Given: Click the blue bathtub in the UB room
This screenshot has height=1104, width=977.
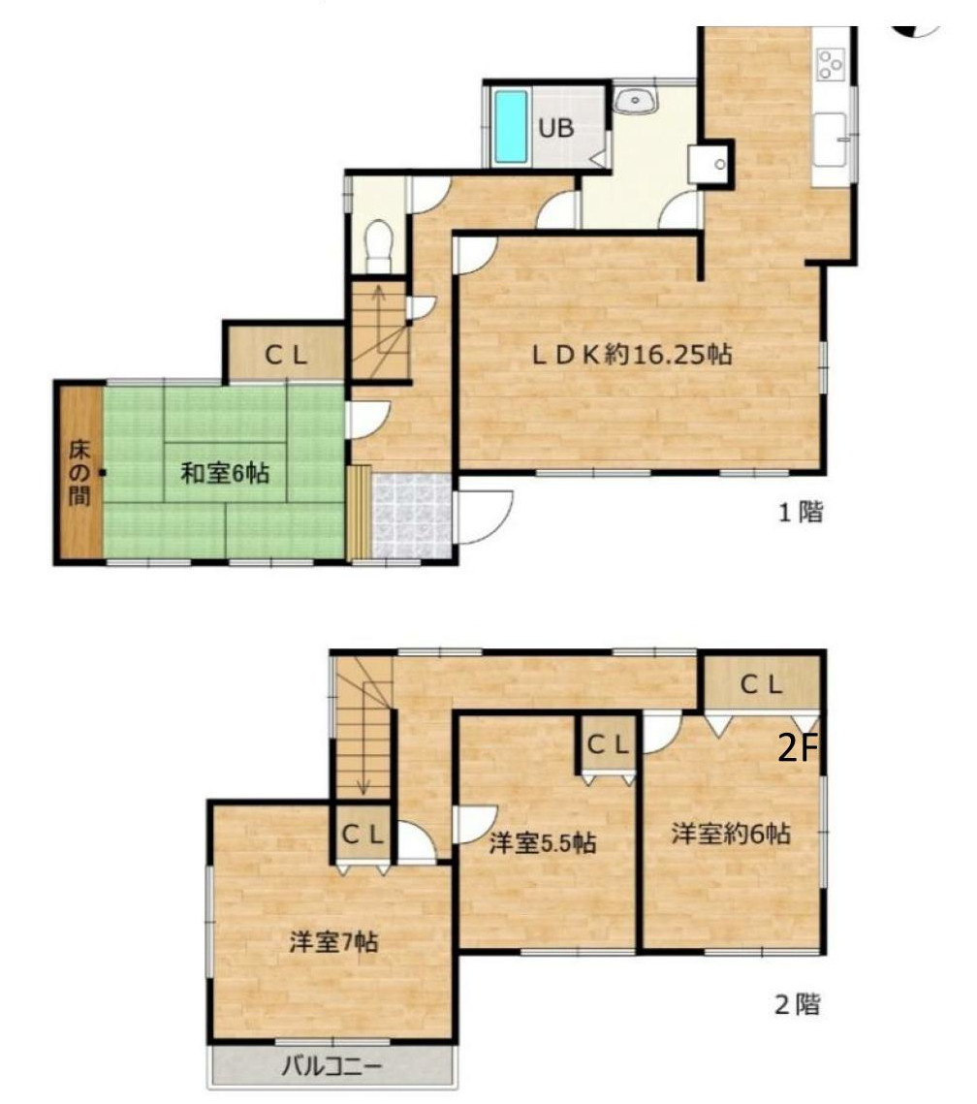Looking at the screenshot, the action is click(511, 127).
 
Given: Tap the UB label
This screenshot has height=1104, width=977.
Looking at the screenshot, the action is click(556, 128).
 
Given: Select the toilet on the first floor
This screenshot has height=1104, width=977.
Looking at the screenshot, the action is click(379, 244).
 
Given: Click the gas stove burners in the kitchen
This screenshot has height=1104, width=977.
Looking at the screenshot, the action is click(831, 65).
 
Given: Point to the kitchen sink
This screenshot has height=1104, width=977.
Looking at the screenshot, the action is click(831, 140).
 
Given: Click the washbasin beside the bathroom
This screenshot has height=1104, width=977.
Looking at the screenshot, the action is click(636, 101).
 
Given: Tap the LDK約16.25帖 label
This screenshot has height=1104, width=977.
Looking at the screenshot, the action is click(631, 354).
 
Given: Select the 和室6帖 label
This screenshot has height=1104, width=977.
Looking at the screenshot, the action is click(225, 472).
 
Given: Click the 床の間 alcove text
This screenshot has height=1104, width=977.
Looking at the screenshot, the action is click(79, 472).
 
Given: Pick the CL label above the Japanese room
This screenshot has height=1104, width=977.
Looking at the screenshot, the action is click(286, 356).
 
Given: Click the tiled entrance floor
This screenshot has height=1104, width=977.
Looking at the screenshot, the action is click(413, 516).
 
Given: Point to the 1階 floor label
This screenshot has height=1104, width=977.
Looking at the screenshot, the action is click(801, 512).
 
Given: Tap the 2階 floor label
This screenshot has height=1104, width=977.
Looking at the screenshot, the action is click(798, 1004).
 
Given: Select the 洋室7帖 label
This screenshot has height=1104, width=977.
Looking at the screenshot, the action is click(333, 942).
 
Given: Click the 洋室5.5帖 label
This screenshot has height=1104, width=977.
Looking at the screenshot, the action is click(543, 842).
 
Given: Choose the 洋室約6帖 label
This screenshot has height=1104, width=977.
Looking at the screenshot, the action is click(731, 834).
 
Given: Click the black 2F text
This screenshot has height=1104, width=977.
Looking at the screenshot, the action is click(799, 749).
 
